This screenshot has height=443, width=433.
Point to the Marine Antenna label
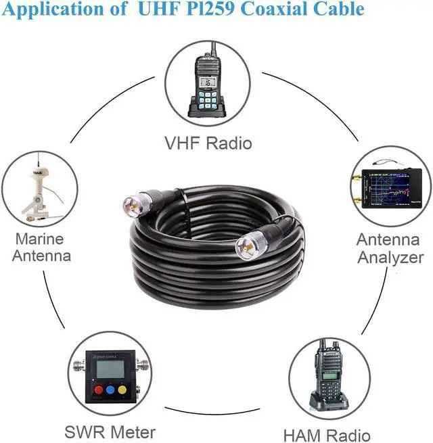[40, 247]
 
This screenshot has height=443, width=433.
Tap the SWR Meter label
[110, 432]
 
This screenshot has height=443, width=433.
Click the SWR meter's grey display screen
[109, 367]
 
